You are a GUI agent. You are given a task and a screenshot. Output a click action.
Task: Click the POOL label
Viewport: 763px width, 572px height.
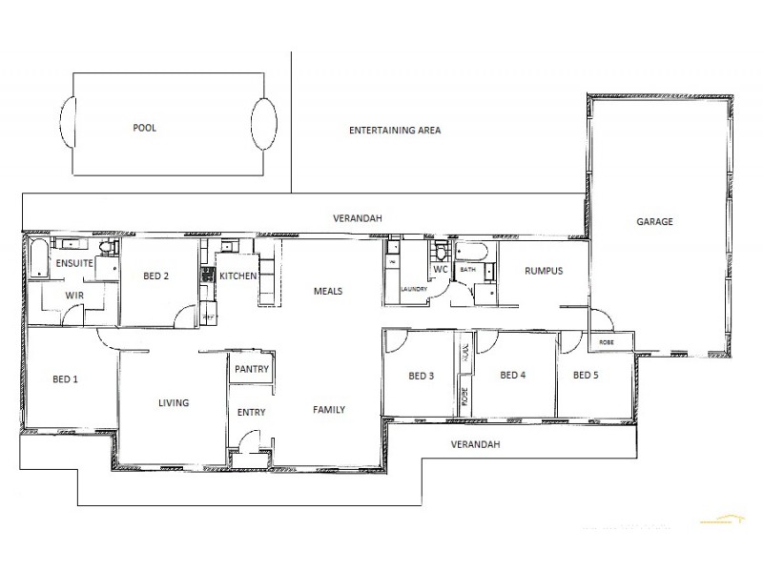click(145, 127)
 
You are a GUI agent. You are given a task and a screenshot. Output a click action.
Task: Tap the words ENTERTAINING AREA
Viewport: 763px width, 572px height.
click(395, 130)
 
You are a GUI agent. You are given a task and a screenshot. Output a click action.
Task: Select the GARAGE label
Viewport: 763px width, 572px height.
click(654, 221)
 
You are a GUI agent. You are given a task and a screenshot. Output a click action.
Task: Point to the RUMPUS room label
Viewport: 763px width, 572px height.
click(544, 271)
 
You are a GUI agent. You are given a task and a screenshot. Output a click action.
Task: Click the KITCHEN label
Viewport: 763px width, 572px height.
click(237, 276)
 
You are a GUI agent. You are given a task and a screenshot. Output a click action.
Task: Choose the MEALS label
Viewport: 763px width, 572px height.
click(327, 291)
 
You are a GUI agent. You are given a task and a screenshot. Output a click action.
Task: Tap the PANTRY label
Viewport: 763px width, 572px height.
click(252, 369)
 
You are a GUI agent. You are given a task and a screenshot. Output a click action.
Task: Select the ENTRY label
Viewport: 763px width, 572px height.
click(251, 412)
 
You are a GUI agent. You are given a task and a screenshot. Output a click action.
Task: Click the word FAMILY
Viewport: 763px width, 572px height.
click(329, 410)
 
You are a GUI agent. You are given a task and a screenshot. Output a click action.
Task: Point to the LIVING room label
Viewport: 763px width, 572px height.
click(174, 402)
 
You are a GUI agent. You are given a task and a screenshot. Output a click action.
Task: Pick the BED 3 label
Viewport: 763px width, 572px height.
click(422, 376)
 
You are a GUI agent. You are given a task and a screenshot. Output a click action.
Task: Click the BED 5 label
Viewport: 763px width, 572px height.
click(586, 375)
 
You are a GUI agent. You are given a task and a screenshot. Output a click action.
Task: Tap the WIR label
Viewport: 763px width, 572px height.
click(74, 296)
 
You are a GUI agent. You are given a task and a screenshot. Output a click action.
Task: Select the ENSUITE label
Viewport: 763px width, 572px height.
click(72, 262)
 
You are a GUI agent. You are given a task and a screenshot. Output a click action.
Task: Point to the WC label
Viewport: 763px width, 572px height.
click(441, 270)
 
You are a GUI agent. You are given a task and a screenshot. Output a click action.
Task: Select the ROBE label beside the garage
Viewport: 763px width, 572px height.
click(607, 341)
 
